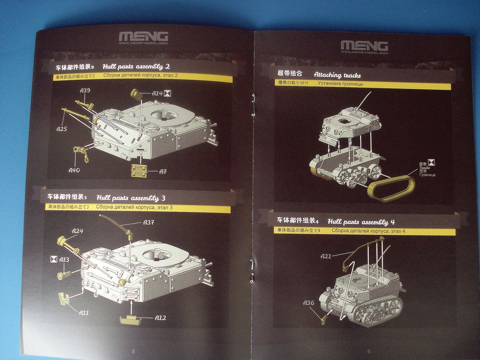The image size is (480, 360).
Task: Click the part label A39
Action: (85, 90)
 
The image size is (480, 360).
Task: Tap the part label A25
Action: (61, 129)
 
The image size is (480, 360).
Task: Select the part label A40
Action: (74, 170)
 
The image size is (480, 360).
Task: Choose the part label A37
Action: (149, 222)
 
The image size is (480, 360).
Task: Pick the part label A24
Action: (77, 231)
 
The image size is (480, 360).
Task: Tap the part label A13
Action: (64, 260)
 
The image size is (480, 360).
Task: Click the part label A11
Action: (83, 313)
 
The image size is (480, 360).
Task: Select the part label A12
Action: (161, 317)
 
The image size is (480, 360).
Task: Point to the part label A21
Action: (326, 256)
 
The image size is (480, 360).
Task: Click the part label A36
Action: (309, 303)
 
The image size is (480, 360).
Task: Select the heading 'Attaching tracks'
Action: (337, 75)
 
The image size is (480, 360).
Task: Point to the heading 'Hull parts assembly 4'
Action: (361, 222)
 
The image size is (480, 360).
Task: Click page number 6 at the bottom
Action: (369, 351)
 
